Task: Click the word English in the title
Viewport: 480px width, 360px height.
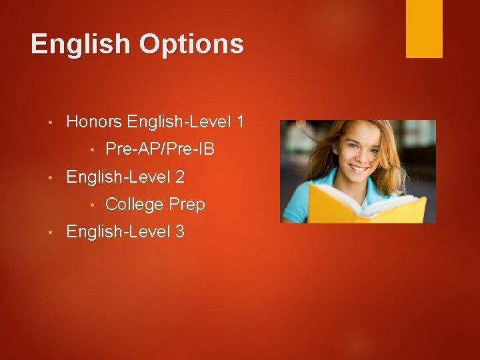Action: tap(81, 45)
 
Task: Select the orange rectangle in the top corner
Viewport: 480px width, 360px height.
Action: tap(424, 28)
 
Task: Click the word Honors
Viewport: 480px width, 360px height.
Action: tap(95, 122)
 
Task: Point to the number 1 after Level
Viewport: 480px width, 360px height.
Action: tap(239, 122)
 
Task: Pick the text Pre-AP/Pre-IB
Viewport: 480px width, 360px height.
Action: tap(160, 149)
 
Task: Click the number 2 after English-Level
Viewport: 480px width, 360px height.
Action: tap(179, 177)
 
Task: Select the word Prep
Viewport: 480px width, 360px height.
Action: tap(187, 204)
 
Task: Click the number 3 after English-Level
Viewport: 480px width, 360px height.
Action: tap(179, 232)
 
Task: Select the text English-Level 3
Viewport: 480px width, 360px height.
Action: tap(125, 232)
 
